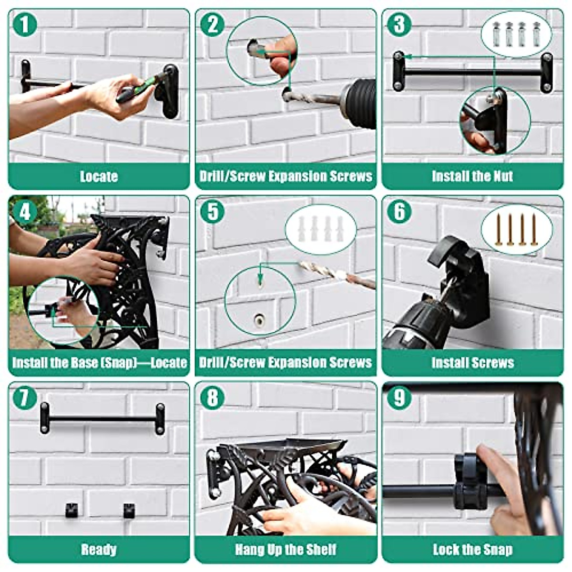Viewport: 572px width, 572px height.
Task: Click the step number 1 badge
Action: coord(25,24)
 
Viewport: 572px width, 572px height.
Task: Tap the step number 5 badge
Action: coord(212,211)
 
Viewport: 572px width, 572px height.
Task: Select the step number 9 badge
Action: coord(399,398)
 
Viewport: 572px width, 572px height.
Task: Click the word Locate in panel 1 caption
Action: coord(99,176)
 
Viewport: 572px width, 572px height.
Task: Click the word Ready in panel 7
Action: coord(99,550)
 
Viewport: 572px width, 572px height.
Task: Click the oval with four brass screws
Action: coord(516,229)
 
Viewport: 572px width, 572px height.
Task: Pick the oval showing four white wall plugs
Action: coord(320,229)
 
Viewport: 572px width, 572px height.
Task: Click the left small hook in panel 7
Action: coord(71,510)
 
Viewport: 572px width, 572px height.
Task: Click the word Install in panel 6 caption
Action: coord(449,363)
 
